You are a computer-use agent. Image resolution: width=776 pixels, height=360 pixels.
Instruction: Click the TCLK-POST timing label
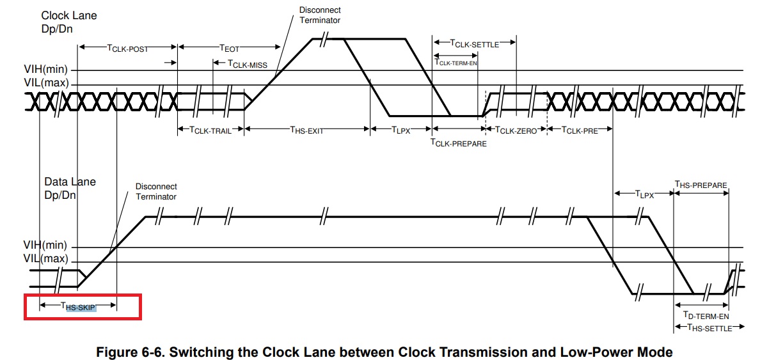127,48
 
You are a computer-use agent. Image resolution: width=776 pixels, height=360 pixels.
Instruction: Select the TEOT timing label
229,48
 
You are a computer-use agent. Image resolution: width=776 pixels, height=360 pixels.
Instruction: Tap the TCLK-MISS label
248,64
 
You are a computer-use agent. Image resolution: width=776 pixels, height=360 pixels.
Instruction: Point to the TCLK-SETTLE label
474,43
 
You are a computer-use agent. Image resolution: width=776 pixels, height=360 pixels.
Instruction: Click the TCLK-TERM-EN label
455,62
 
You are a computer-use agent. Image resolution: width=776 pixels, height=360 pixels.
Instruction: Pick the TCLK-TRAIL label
210,130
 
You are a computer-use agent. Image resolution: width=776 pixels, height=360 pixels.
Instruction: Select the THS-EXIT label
306,130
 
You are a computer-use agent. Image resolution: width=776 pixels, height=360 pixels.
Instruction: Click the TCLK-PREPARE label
458,143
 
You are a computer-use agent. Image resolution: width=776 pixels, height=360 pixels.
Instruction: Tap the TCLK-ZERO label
516,130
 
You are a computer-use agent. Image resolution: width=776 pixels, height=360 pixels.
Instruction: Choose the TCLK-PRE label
580,130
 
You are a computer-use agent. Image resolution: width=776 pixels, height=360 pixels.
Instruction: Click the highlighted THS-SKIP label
78,306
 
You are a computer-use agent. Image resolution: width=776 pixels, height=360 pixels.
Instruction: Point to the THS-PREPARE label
701,185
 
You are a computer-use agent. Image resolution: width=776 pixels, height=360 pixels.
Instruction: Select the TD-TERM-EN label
706,315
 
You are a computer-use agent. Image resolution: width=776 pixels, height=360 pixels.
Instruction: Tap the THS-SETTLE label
709,327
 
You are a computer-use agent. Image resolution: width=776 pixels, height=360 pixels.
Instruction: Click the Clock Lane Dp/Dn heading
69,22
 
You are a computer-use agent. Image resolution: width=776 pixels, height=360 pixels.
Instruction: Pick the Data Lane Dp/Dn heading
70,188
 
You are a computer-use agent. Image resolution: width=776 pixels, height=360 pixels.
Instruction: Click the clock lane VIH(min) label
45,69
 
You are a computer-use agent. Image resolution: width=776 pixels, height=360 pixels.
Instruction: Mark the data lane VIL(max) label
45,258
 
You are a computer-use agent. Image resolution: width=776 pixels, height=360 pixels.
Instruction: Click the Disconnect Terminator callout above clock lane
320,15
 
